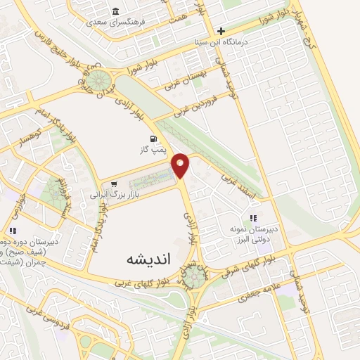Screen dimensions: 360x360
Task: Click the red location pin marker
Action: tap(181, 165)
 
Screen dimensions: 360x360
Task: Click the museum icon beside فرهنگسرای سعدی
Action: tap(115, 12)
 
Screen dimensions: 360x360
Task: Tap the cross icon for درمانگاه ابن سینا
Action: tap(221, 31)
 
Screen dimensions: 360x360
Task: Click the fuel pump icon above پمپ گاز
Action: tap(152, 139)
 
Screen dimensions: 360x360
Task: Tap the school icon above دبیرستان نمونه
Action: tap(252, 219)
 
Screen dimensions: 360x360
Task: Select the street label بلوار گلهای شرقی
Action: tap(242, 265)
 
